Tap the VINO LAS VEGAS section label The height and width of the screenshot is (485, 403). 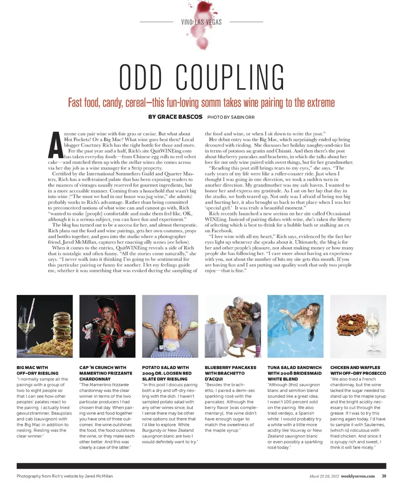pos(201,22)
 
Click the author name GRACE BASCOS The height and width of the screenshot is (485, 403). pos(182,117)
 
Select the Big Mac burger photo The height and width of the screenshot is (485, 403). pos(44,326)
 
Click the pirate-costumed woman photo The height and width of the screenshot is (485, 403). pos(107,326)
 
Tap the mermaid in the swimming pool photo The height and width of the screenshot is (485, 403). pos(295,326)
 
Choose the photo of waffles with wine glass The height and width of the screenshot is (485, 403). pos(358,326)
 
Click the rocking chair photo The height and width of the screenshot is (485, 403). pos(233,326)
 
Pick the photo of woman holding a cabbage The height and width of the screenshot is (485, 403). pos(170,326)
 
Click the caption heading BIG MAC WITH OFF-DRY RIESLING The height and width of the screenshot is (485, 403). pos(37,370)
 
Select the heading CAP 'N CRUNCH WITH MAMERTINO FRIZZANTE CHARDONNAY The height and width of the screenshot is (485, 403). pos(103,373)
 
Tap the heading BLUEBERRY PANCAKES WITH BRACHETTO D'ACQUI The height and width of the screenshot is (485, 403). pos(230,373)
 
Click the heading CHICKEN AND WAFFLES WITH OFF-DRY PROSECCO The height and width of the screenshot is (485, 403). pos(358,370)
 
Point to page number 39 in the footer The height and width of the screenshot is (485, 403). pos(384,476)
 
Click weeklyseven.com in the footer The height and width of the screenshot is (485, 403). pos(358,476)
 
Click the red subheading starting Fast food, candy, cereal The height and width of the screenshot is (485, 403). pos(201,102)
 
